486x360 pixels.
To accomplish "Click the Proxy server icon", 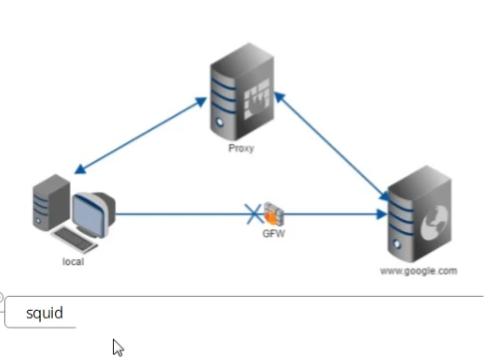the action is tap(242, 92).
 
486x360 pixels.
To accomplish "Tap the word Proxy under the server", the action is tap(241, 148).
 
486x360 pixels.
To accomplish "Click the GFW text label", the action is tap(274, 233).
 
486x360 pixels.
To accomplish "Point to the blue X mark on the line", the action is tap(253, 214).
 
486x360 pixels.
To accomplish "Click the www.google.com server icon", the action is tap(419, 214).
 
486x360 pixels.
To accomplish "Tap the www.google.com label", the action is tap(418, 271).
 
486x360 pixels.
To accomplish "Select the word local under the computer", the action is tap(73, 262).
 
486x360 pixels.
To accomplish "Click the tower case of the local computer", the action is tap(51, 202).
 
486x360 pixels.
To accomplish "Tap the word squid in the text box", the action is tap(44, 313).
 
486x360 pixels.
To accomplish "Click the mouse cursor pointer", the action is tap(118, 347).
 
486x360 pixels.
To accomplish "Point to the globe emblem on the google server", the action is tap(435, 222).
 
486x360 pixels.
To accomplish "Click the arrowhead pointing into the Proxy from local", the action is tap(201, 102).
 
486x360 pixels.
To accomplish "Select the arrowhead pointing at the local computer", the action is tap(80, 169).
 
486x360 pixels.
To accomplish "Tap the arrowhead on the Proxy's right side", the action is tap(279, 97).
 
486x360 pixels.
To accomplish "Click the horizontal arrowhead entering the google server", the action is tap(381, 214).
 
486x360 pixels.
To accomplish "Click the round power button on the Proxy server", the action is tap(220, 122).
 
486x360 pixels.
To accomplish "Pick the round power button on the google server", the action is tap(397, 244).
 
